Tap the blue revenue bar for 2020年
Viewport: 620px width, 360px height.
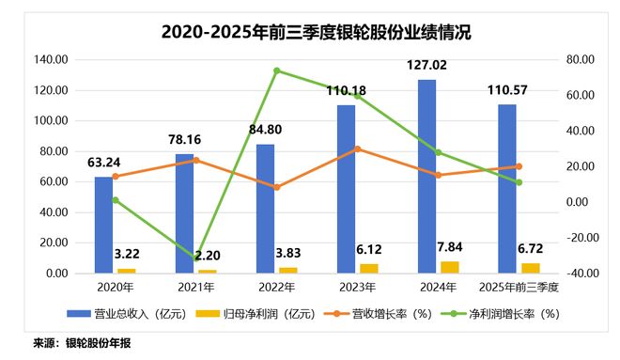[x=103, y=225]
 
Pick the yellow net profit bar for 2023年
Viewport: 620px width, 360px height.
[x=369, y=268]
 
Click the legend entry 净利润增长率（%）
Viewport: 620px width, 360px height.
[x=511, y=313]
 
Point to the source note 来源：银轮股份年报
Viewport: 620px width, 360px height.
[x=82, y=344]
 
